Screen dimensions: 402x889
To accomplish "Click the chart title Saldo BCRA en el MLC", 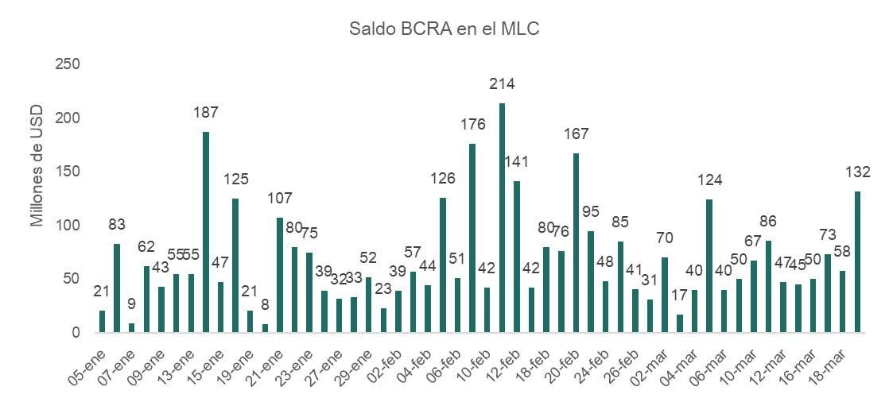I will pyautogui.click(x=444, y=29).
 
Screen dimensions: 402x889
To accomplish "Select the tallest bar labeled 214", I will pyautogui.click(x=502, y=218).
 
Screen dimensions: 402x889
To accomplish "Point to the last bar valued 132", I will pyautogui.click(x=858, y=261).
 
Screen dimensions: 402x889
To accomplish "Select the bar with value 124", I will pyautogui.click(x=709, y=265).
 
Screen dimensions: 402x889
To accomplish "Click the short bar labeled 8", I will pyautogui.click(x=265, y=328).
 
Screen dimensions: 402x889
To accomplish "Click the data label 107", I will pyautogui.click(x=280, y=199).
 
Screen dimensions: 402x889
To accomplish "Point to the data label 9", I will pyautogui.click(x=132, y=303).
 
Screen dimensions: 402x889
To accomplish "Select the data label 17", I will pyautogui.click(x=680, y=295).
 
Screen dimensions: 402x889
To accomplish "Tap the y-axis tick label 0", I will pyautogui.click(x=76, y=332).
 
